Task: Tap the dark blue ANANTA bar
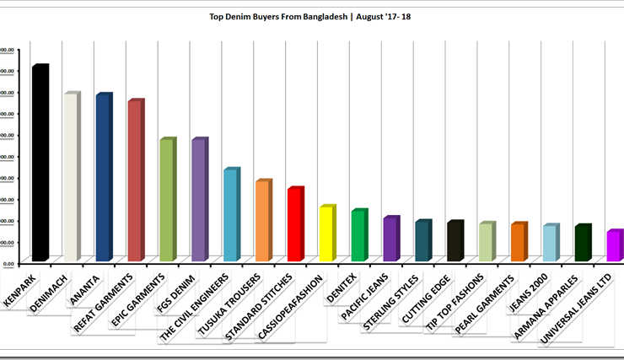(102, 178)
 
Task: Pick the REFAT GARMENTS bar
(134, 181)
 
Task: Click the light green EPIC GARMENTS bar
(166, 200)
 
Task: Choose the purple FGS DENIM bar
(198, 200)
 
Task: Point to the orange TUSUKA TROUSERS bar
(262, 221)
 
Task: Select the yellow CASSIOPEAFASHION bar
(326, 234)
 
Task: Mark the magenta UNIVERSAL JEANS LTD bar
(615, 245)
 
